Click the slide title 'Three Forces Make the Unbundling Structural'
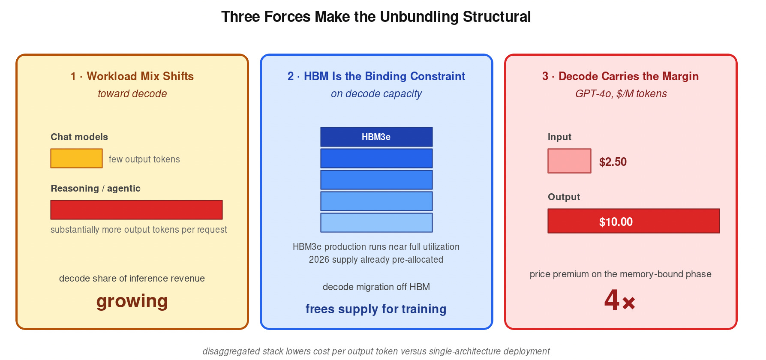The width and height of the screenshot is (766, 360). (376, 17)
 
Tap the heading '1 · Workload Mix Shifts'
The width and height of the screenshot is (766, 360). (132, 76)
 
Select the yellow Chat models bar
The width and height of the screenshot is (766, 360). (76, 158)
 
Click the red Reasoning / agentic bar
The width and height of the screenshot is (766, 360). (136, 210)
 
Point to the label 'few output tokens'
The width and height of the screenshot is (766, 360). (144, 159)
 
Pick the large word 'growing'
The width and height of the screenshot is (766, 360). (132, 301)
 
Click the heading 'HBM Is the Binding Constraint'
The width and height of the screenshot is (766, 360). (376, 76)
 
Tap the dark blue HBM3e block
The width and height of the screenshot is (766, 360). (376, 137)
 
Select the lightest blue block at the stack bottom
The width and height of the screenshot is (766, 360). (376, 222)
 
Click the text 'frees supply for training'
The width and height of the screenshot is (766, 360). (376, 309)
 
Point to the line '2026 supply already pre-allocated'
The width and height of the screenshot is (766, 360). (376, 260)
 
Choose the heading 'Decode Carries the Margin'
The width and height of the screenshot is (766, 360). (620, 76)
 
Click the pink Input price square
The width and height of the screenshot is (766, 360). (569, 161)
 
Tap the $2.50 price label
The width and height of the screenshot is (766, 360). (613, 162)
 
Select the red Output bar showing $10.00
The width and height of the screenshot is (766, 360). (634, 221)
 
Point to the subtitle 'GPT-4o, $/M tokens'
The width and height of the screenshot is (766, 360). (621, 94)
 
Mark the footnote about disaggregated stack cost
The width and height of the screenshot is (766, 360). (376, 351)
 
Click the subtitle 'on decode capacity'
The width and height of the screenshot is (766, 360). (376, 94)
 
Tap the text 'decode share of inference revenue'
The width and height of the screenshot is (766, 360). (132, 279)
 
